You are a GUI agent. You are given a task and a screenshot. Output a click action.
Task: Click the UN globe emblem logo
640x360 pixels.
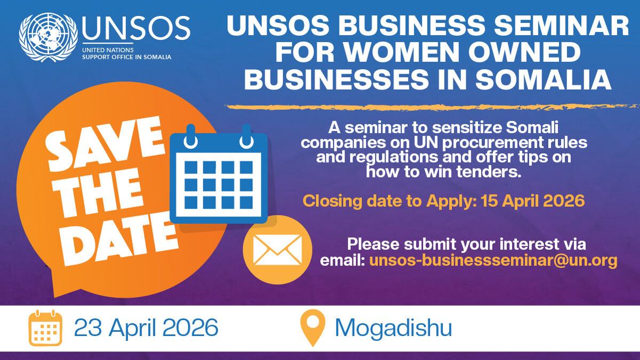pos(49,37)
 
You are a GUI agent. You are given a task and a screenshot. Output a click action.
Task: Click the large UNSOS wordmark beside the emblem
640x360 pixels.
pos(136,28)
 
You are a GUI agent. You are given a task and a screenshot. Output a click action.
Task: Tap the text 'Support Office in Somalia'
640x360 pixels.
pos(126,57)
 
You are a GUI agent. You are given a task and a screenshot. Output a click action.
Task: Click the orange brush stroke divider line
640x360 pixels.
pos(432,107)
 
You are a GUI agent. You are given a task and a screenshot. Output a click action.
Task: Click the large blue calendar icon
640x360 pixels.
pos(219,174)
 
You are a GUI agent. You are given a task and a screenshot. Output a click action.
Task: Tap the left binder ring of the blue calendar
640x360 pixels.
pos(190,137)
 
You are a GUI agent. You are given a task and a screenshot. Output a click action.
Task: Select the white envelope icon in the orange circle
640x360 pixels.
pos(277,250)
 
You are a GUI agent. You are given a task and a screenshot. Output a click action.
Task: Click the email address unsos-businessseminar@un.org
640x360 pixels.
pos(493,261)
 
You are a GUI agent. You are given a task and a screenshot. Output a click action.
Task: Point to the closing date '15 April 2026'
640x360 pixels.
pos(533,201)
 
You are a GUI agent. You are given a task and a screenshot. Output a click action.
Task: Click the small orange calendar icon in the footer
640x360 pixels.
pos(45,328)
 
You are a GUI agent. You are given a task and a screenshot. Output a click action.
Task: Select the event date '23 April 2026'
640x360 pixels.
pos(146,327)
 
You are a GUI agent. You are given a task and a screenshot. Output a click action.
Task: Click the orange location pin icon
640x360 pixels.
pos(313,327)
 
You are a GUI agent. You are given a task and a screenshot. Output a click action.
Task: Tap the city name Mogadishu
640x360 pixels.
pos(394,327)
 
